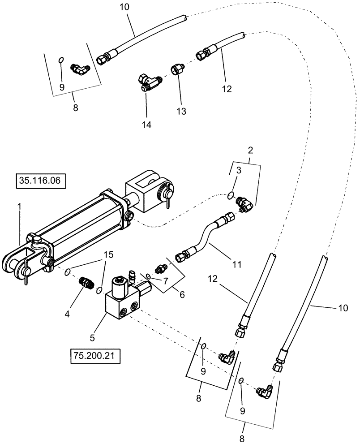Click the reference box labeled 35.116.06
coord(41,181)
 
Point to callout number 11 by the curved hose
coord(237,265)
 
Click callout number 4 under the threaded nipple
coord(67,314)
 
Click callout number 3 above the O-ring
coord(239,171)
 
